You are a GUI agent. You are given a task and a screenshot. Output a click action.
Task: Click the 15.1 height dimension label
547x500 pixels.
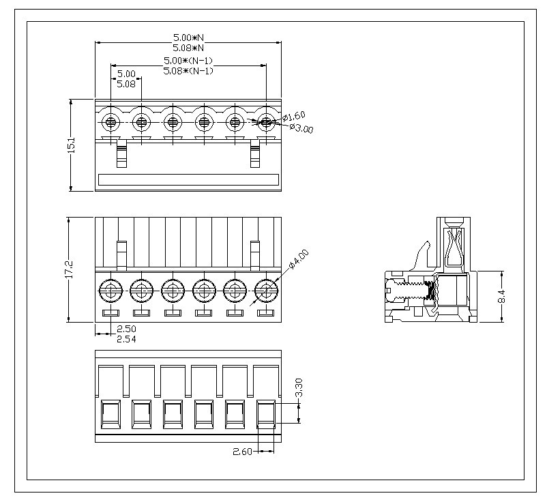[x=71, y=145]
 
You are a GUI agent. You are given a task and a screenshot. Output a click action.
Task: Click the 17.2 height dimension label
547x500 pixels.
[x=71, y=269]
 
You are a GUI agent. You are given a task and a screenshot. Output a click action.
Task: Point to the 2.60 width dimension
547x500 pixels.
[x=243, y=452]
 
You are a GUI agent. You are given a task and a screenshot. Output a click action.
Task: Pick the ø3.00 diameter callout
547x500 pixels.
[x=301, y=128]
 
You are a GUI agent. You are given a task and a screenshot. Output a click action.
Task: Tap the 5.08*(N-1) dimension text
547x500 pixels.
[x=189, y=70]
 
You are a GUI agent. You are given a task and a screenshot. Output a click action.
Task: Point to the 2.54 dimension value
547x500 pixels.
[x=126, y=339]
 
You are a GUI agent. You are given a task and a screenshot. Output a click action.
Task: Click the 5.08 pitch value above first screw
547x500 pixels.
[x=126, y=84]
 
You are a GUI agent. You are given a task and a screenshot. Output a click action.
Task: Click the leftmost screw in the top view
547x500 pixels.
[x=110, y=123]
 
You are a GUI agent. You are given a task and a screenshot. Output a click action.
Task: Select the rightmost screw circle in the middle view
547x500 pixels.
[x=265, y=292]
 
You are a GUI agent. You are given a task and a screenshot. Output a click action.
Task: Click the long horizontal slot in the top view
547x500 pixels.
[x=189, y=180]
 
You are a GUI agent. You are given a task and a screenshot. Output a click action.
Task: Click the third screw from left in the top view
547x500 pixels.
[x=173, y=123]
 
